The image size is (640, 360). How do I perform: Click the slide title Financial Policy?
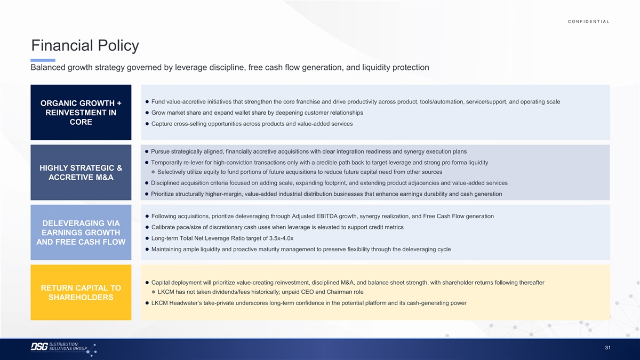85,46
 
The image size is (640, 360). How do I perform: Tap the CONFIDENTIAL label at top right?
589,21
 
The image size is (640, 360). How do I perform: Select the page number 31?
607,348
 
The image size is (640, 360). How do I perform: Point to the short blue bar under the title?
43,60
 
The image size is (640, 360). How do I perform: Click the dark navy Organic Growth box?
81,113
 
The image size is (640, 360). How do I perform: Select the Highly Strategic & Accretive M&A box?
81,172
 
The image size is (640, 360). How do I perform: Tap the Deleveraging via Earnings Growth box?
81,233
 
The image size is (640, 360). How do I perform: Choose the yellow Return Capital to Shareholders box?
81,292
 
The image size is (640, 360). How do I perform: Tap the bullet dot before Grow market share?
147,113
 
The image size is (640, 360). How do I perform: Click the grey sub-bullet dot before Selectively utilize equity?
153,172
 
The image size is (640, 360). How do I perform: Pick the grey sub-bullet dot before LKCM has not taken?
154,292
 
